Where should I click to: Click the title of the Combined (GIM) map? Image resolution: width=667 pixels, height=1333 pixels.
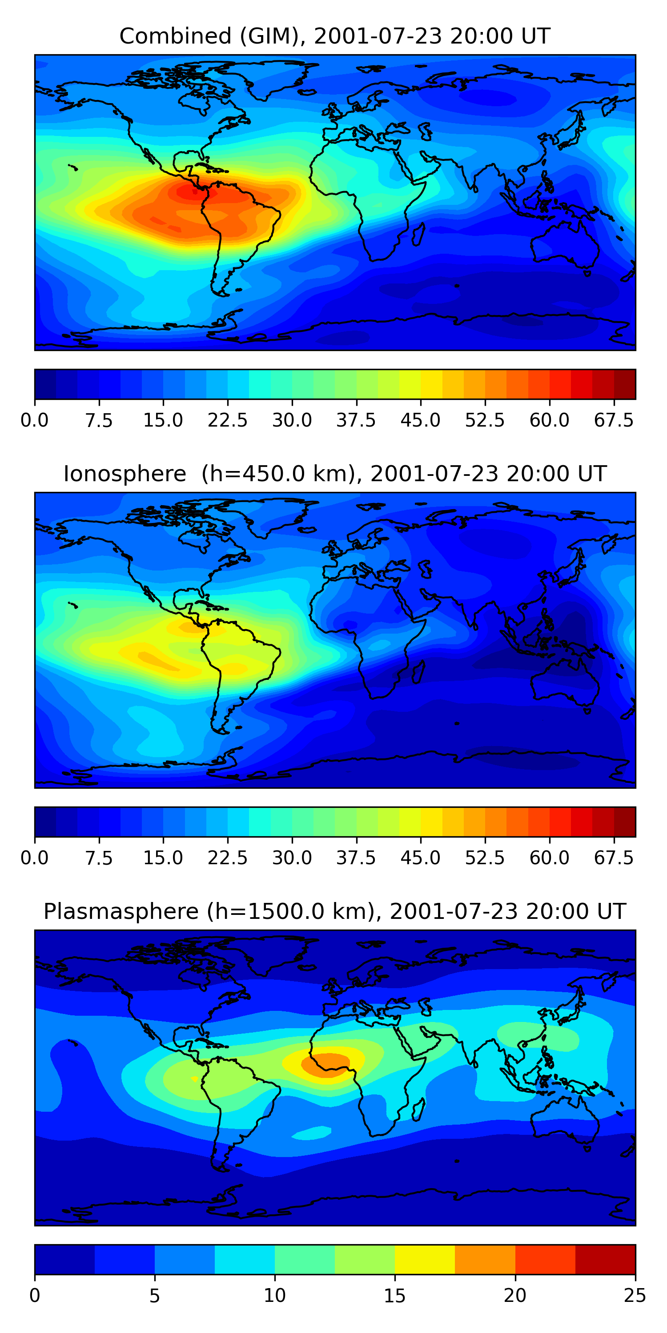click(x=334, y=36)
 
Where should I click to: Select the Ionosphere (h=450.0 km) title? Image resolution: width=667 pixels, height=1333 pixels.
click(x=334, y=474)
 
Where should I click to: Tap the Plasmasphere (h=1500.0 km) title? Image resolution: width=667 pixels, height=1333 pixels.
click(x=334, y=911)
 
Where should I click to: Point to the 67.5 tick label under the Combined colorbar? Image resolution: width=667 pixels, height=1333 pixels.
click(x=614, y=420)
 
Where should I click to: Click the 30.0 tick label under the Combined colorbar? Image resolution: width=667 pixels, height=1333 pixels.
click(x=292, y=420)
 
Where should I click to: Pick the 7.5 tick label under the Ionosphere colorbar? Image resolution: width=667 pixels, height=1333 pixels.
click(x=99, y=858)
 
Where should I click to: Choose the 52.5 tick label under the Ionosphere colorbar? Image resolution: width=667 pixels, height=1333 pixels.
click(x=485, y=858)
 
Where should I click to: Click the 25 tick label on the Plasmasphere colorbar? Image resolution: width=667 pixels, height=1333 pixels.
click(x=635, y=1296)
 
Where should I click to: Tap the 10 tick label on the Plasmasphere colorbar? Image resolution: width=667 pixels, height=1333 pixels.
click(x=274, y=1296)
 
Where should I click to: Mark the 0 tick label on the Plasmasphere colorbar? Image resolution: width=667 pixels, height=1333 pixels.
click(x=35, y=1296)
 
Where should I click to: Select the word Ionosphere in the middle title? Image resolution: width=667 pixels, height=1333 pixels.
click(x=125, y=474)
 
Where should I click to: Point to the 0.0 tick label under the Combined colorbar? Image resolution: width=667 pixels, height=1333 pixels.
click(x=35, y=420)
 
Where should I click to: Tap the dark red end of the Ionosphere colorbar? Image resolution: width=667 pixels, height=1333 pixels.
click(x=625, y=822)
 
